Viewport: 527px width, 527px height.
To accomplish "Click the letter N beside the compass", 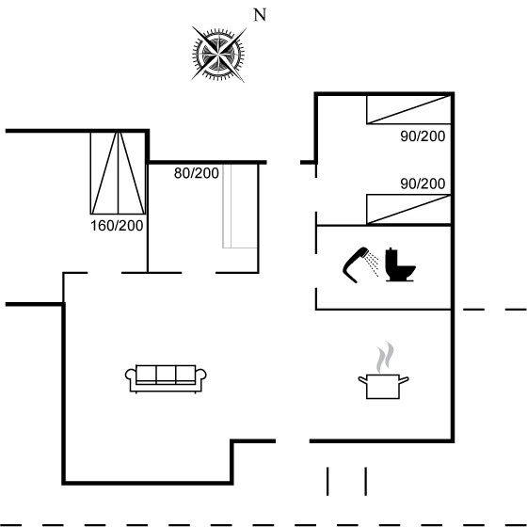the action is tap(260, 15).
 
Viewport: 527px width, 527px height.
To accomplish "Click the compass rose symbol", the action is tap(218, 54).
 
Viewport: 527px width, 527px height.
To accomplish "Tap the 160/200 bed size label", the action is tap(117, 226).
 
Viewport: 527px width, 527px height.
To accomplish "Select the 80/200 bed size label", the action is tap(197, 173).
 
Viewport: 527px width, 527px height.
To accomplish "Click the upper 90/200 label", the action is tap(423, 136).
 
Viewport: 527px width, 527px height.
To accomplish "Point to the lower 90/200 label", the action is tap(423, 184).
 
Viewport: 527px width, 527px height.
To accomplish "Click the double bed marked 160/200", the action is tap(118, 173).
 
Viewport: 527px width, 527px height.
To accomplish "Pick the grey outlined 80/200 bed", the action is tap(240, 206).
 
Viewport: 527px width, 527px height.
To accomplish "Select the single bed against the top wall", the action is tap(408, 110).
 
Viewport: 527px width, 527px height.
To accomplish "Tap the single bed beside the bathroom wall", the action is tap(408, 209).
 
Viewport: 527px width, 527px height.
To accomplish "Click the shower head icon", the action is tap(356, 264).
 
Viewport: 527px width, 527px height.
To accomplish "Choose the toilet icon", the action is tap(400, 264).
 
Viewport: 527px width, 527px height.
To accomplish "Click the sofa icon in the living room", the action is tap(166, 378).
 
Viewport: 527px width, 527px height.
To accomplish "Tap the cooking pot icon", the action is tap(383, 387).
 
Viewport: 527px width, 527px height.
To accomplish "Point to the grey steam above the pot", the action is tap(385, 358).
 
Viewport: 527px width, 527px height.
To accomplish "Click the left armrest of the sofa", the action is tap(131, 375).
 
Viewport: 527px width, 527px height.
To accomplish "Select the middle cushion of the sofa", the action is tap(166, 374).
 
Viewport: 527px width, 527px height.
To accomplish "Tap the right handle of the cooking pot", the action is tap(404, 380).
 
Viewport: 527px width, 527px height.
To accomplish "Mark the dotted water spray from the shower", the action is tap(373, 264).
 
